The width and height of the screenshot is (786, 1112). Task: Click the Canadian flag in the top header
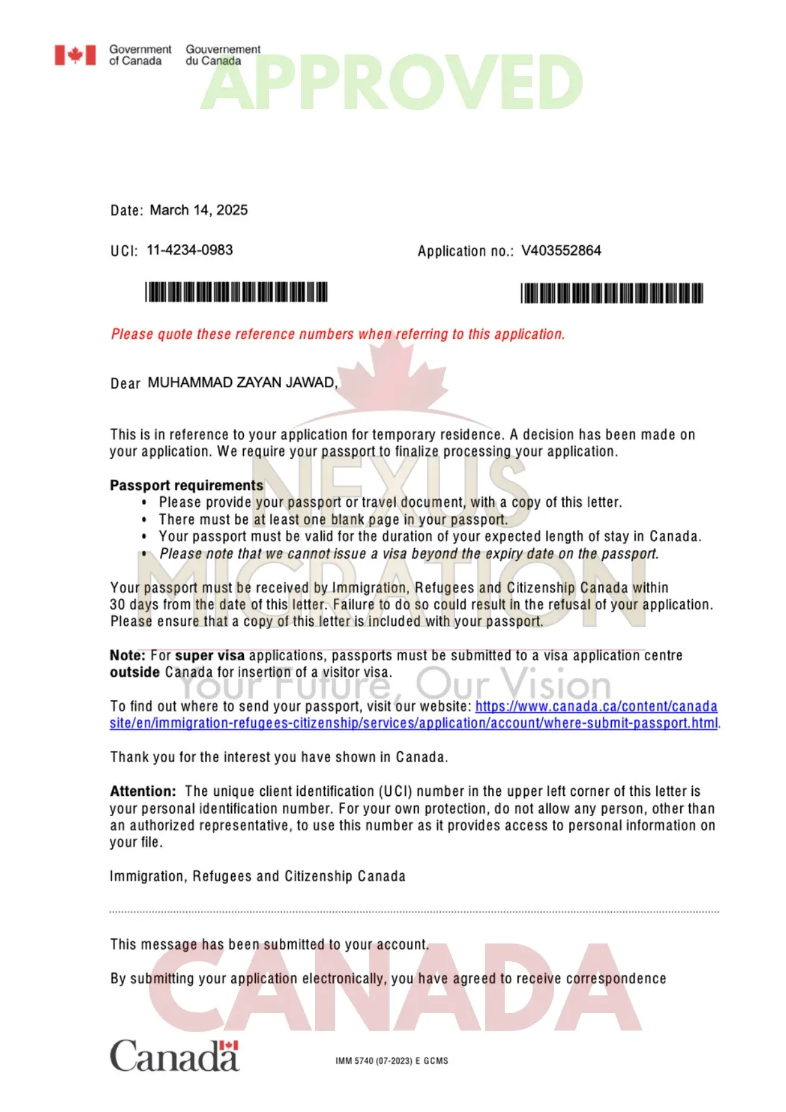(75, 55)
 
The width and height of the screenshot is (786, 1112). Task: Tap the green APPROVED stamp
(391, 83)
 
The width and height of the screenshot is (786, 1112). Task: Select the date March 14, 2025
(198, 210)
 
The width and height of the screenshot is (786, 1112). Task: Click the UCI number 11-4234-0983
(189, 250)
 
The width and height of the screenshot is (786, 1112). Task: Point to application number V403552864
(561, 251)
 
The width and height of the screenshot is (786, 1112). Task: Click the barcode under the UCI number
(236, 292)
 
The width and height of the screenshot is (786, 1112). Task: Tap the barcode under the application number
(612, 293)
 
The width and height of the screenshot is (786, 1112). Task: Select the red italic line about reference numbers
(338, 334)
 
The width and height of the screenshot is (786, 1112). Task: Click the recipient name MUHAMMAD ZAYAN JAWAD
(242, 383)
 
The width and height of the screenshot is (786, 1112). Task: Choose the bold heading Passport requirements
(186, 485)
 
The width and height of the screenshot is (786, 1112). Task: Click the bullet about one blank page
(333, 520)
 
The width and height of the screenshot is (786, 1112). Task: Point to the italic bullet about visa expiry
(409, 554)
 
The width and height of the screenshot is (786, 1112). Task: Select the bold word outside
(134, 672)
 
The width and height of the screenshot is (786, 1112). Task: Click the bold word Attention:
(143, 791)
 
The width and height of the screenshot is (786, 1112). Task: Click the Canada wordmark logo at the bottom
(175, 1056)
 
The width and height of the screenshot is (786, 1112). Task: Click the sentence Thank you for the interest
(279, 757)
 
